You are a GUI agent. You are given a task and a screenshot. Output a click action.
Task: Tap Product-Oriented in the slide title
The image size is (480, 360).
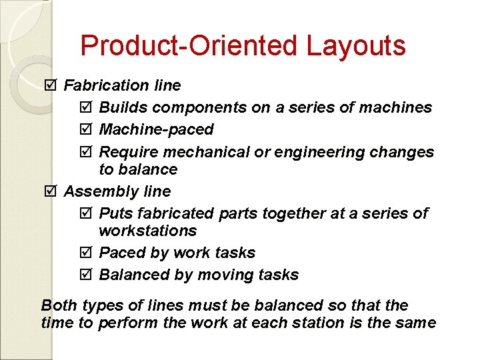189,46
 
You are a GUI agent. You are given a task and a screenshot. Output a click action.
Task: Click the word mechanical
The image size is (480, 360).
209,152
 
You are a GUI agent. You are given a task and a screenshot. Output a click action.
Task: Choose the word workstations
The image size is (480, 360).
147,231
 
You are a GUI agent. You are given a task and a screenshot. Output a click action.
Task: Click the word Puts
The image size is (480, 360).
115,213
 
